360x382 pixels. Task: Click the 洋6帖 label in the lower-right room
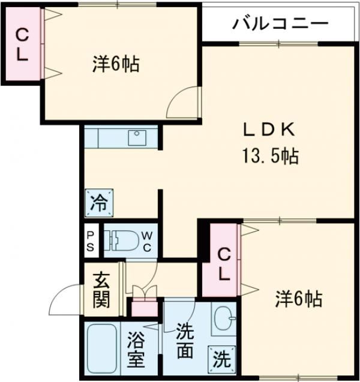click(298, 298)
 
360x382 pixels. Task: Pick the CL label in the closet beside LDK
click(223, 264)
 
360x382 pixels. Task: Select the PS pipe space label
click(91, 240)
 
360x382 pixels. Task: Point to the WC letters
click(149, 240)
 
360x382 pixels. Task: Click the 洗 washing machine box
click(220, 359)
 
